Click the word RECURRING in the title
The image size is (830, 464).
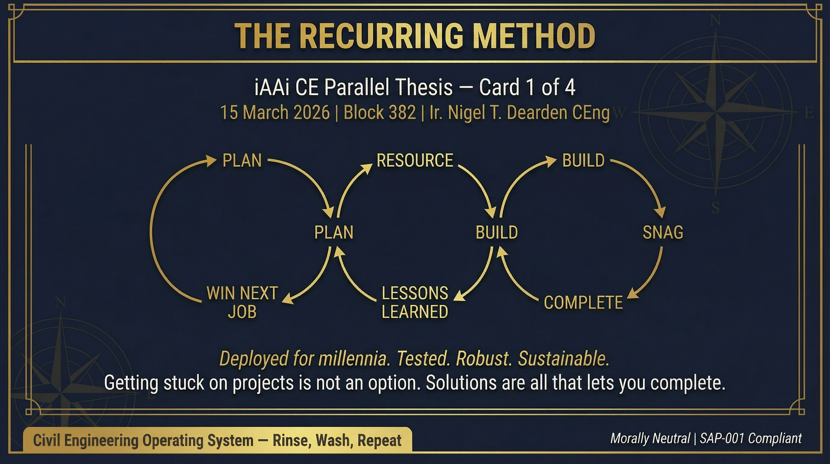coord(383,36)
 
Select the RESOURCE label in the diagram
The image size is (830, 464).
coord(415,160)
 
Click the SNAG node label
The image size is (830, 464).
coord(663,232)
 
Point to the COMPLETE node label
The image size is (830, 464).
coord(583,303)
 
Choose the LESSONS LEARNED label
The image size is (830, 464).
coord(415,302)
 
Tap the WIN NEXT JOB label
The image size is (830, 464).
coord(242,302)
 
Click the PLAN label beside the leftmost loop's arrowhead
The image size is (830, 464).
coord(242,160)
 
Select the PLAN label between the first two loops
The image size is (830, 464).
coord(334,232)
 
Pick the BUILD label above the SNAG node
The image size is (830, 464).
coord(583,160)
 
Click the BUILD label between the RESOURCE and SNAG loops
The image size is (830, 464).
coord(496,232)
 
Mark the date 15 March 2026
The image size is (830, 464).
coord(275,113)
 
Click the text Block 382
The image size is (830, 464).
coord(379,113)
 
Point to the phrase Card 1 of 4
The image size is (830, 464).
coord(527,87)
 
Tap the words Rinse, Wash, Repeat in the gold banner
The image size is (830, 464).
coord(337,440)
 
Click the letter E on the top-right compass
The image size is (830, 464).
coord(809,113)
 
